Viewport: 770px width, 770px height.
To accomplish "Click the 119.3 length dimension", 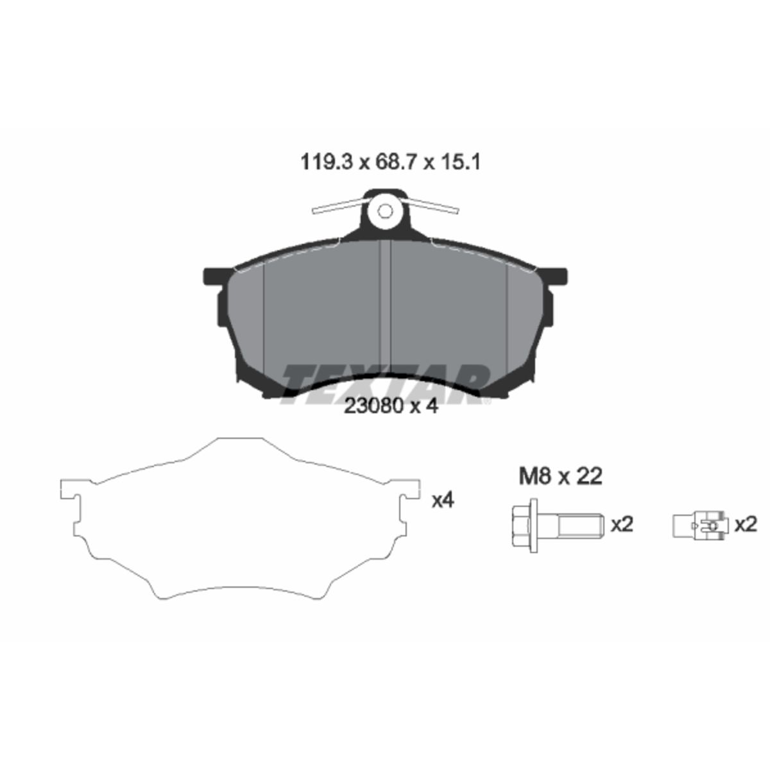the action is pos(327,162).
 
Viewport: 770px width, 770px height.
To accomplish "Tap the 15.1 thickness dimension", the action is pos(460,162).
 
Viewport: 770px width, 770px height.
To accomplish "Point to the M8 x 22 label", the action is pos(560,477).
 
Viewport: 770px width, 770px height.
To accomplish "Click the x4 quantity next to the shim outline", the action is pos(443,501).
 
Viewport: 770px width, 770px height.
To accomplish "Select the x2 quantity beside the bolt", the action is pos(622,525).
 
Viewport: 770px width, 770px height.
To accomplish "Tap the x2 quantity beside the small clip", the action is pos(746,525).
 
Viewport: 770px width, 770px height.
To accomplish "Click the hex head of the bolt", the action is pos(524,526).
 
